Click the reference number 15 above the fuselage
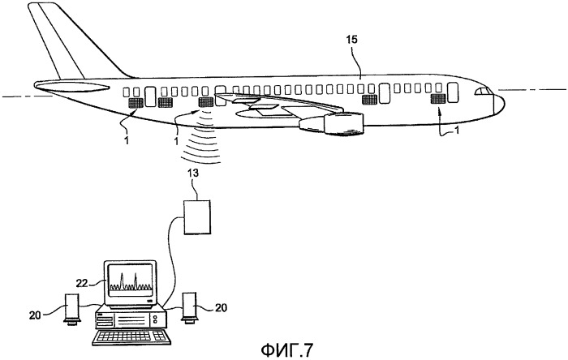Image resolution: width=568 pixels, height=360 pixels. pyautogui.click(x=351, y=40)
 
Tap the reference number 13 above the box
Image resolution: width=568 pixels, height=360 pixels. pyautogui.click(x=193, y=173)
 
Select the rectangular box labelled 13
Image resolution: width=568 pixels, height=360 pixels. pyautogui.click(x=197, y=217)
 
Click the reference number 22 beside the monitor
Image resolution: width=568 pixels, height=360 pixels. pyautogui.click(x=82, y=283)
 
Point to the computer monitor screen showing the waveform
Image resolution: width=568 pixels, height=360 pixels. pyautogui.click(x=130, y=280)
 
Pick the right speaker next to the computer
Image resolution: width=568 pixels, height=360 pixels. pyautogui.click(x=189, y=307)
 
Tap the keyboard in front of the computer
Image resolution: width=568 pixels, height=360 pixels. pyautogui.click(x=131, y=337)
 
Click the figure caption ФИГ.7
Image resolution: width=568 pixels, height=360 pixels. pyautogui.click(x=286, y=349)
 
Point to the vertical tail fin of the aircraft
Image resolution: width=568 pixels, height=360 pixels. pyautogui.click(x=75, y=41)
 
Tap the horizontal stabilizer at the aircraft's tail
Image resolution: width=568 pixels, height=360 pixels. pyautogui.click(x=71, y=87)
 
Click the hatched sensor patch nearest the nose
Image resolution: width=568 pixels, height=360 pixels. pyautogui.click(x=437, y=99)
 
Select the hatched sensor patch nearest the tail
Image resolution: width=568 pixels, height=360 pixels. pyautogui.click(x=136, y=103)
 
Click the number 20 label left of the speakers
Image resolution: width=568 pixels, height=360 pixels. pyautogui.click(x=35, y=315)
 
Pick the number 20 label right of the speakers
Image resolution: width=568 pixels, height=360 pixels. pyautogui.click(x=221, y=307)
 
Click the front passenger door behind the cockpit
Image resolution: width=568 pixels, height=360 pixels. pyautogui.click(x=453, y=92)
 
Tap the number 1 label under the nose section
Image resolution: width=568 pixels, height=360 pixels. pyautogui.click(x=457, y=130)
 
